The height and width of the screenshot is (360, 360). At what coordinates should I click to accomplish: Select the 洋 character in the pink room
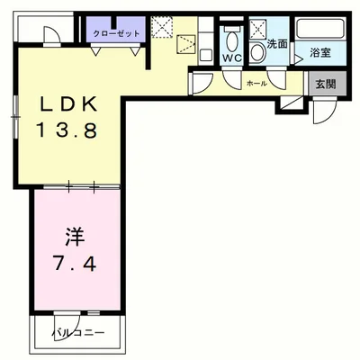coord(74,239)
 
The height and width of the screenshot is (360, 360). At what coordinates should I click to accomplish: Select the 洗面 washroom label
coord(276,42)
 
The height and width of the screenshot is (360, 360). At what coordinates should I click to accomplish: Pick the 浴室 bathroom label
coord(319,52)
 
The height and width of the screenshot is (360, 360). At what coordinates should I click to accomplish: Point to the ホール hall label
coord(256,83)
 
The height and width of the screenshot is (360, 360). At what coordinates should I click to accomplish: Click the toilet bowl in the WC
coord(231,40)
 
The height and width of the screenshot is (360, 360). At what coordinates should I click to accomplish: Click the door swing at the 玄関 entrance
coord(323,112)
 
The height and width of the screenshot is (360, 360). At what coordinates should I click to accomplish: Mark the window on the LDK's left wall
coord(15,117)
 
